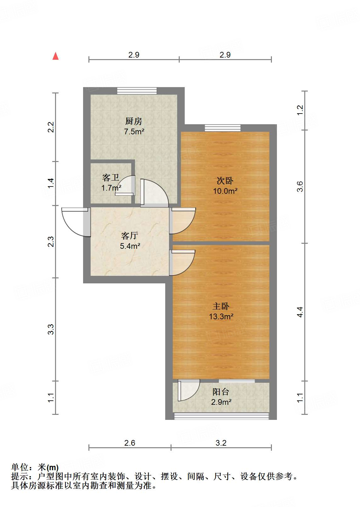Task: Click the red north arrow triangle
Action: click(55, 56)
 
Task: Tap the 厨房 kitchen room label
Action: click(134, 121)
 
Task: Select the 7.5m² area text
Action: click(134, 131)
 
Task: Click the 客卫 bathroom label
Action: click(110, 178)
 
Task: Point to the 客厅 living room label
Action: click(130, 236)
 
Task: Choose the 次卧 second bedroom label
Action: click(225, 181)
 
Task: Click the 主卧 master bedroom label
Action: click(221, 306)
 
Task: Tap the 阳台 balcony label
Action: click(221, 392)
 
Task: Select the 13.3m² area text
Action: click(221, 316)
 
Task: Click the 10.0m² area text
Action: click(225, 191)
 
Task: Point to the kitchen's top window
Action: click(137, 91)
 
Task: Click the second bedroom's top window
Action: click(223, 128)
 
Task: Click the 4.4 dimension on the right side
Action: click(300, 312)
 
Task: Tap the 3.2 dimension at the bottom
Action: click(221, 443)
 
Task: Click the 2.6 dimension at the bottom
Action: click(130, 443)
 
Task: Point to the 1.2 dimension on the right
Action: click(300, 110)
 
